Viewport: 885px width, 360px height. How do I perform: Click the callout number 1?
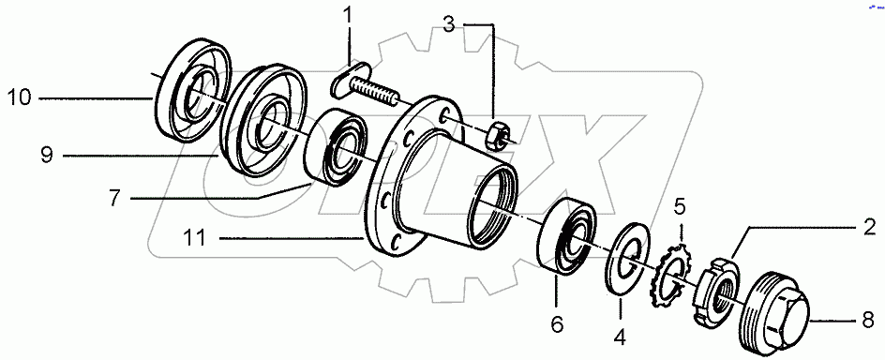pos(348,15)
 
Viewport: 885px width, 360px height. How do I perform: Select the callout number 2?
pos(868,226)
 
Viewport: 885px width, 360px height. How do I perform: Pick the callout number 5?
pos(682,205)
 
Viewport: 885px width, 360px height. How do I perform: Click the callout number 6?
pos(557,323)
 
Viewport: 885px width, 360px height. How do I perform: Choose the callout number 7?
pos(114,199)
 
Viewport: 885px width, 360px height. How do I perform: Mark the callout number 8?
pos(868,319)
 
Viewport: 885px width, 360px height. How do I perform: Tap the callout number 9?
pos(46,157)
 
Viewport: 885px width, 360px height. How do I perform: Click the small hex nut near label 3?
pos(498,136)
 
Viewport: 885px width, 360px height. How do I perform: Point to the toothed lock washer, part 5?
pos(673,271)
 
